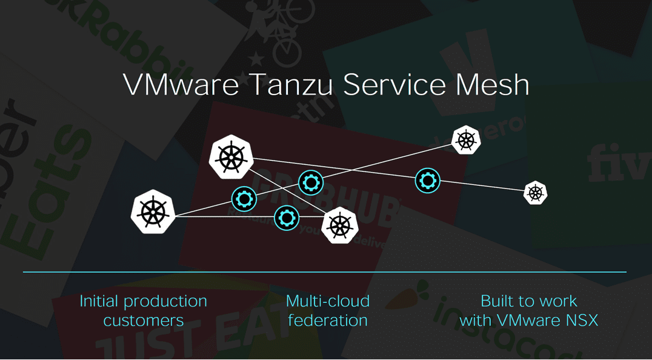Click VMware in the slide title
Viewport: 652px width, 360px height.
coord(181,85)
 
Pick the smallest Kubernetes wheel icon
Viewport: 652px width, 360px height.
coord(536,193)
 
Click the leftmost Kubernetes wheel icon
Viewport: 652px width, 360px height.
coord(153,212)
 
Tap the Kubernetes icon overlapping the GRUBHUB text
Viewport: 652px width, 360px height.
coord(339,225)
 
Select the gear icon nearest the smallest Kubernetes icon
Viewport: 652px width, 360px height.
coord(428,180)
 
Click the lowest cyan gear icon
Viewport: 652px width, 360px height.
coord(287,218)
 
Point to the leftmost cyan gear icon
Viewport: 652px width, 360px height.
coord(245,198)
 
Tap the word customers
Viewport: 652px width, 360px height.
coord(144,321)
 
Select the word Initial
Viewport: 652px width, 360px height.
coord(99,301)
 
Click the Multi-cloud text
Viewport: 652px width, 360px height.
coord(327,301)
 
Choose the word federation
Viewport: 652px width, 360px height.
coord(327,321)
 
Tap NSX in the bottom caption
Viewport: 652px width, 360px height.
coord(579,321)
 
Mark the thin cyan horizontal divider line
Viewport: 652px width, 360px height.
coord(324,272)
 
